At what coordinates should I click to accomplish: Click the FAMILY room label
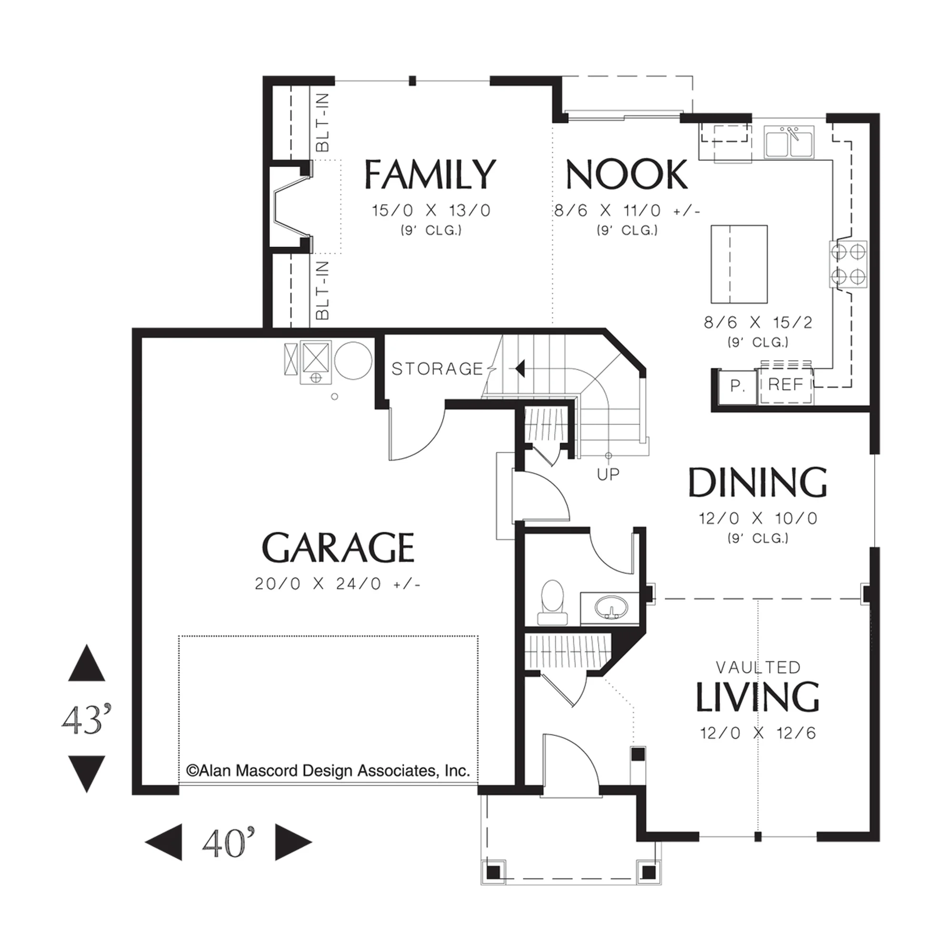[430, 174]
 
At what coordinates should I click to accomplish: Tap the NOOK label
[627, 174]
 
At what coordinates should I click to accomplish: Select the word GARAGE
[338, 547]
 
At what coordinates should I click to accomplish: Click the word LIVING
[758, 697]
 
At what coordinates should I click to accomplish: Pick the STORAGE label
[437, 368]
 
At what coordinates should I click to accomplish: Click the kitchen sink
[789, 142]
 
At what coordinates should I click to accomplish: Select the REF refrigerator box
[786, 385]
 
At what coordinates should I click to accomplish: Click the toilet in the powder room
[552, 602]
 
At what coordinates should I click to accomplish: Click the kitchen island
[739, 264]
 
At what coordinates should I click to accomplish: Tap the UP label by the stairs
[608, 474]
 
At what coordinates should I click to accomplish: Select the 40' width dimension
[229, 843]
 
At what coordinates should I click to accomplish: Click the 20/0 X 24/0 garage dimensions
[338, 584]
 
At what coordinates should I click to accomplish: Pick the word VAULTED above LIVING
[758, 667]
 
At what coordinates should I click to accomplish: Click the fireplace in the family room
[291, 208]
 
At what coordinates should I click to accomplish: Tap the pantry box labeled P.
[737, 386]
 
